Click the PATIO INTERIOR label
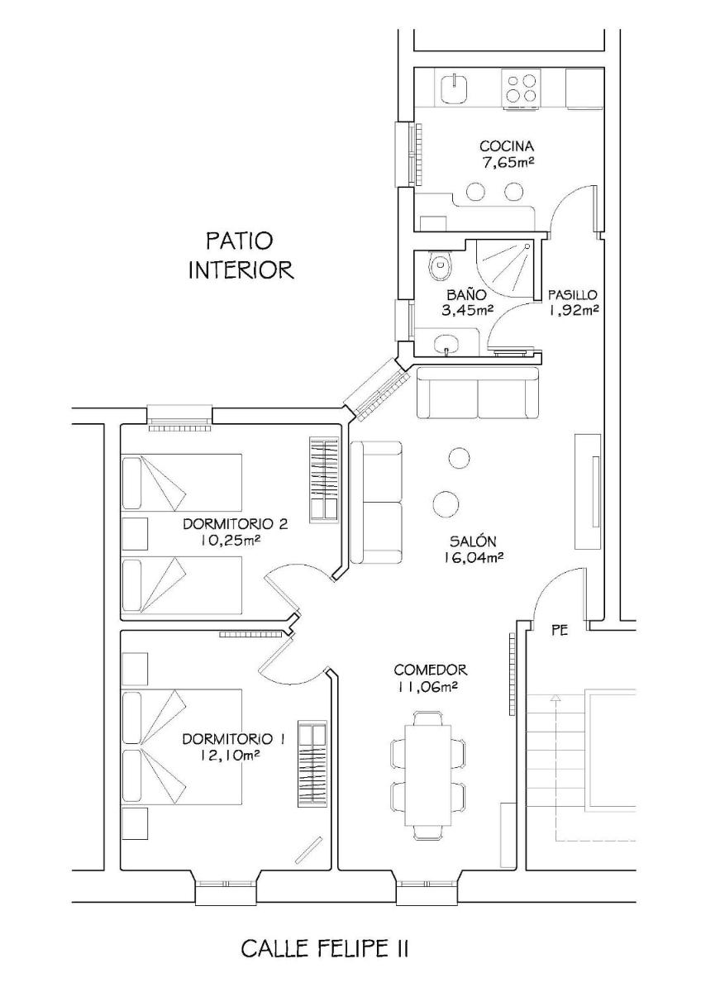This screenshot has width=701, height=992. click(x=241, y=256)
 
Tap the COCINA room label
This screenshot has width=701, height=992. click(x=507, y=145)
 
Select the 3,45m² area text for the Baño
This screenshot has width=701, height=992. click(x=467, y=309)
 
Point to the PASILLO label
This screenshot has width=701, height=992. click(x=573, y=294)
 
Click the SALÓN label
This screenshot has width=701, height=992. click(x=472, y=541)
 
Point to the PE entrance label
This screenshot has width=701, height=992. click(x=560, y=630)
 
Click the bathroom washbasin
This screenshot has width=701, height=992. click(x=447, y=341)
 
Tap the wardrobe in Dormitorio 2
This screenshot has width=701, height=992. click(x=324, y=479)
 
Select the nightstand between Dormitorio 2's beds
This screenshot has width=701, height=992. click(x=135, y=534)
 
